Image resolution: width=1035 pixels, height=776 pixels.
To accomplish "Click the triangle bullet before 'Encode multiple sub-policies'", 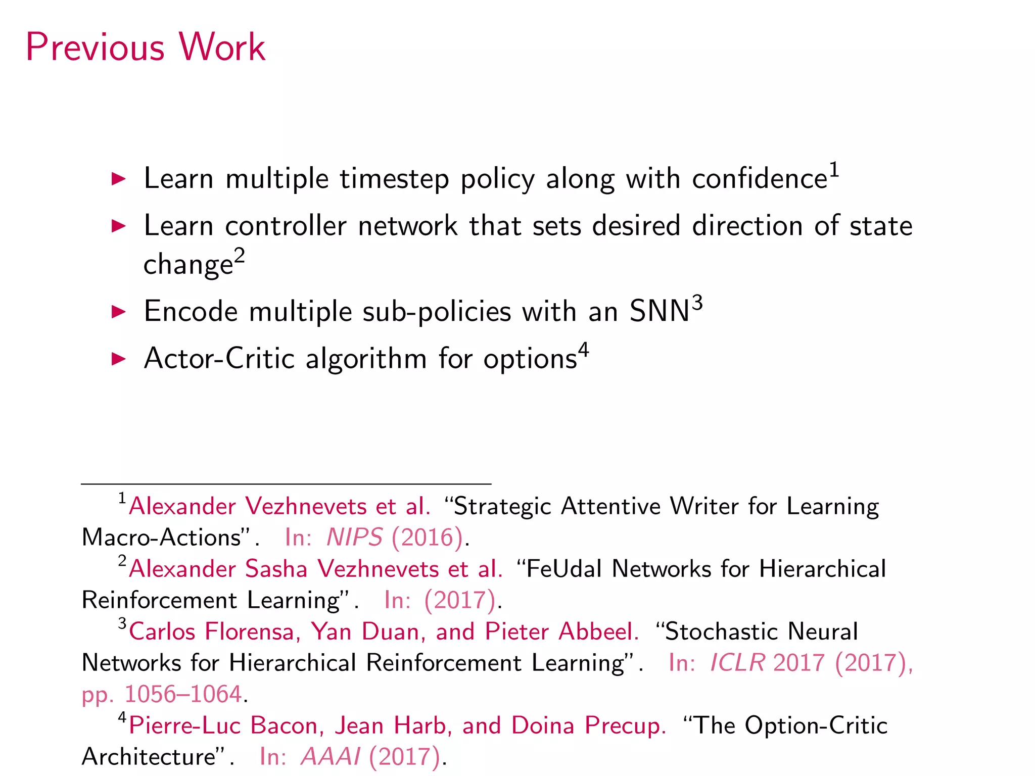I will tap(118, 312).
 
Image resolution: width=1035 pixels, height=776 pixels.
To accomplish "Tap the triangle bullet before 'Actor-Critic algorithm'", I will tap(118, 359).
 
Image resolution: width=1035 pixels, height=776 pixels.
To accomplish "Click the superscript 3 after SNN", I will tap(697, 303).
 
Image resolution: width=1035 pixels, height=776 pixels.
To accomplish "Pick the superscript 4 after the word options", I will tap(583, 350).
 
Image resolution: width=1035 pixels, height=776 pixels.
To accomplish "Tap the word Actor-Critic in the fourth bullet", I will tap(219, 359).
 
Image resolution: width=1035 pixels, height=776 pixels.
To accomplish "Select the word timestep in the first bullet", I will tap(394, 179).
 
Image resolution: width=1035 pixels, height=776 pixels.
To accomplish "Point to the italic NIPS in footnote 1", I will tap(354, 538).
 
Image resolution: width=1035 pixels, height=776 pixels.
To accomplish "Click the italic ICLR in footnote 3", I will tap(737, 663).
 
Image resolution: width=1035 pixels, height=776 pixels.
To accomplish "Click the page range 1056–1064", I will tap(183, 694).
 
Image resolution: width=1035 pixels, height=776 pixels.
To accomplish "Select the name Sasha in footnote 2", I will tap(276, 569).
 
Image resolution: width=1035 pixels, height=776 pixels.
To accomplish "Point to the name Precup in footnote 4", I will tap(625, 726).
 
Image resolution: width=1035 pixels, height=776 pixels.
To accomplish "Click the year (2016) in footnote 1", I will tap(428, 538).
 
